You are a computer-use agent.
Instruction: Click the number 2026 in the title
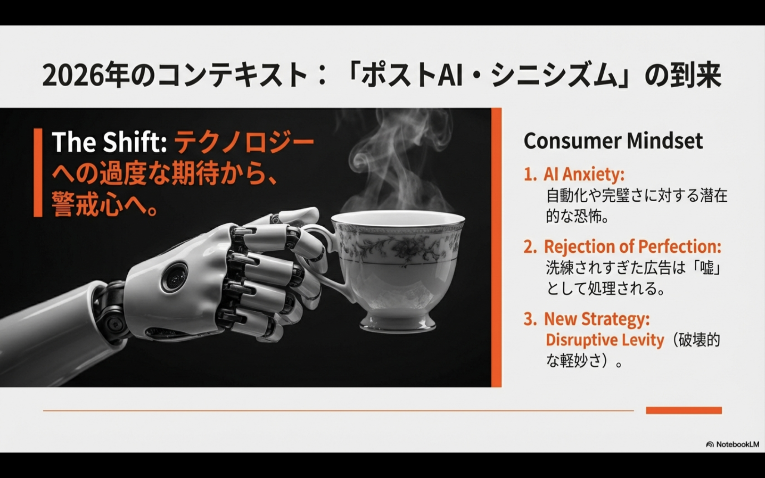pos(72,76)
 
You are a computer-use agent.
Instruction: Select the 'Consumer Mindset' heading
pos(613,141)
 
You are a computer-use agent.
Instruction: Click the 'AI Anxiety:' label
pos(584,174)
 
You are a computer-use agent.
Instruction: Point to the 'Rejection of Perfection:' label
pos(632,246)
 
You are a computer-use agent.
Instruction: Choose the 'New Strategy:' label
pos(597,319)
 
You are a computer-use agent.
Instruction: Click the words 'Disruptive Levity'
pos(605,340)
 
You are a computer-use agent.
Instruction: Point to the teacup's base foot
pos(397,323)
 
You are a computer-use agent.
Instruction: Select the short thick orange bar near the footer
pos(684,410)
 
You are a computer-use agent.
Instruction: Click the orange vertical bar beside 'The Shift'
pos(38,173)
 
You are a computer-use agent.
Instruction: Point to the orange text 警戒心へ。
pos(105,204)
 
